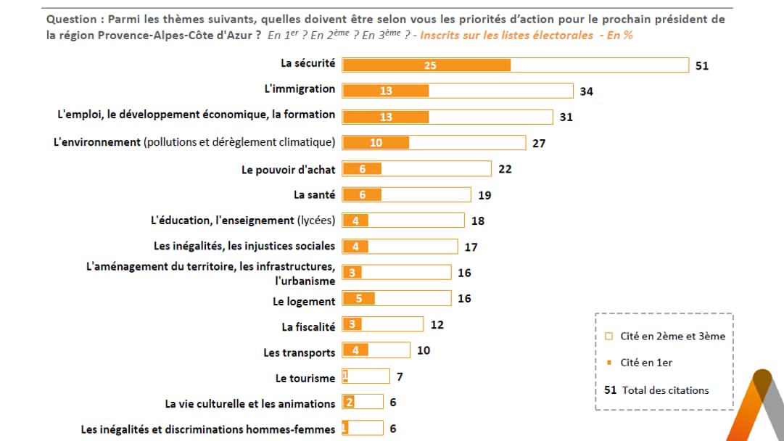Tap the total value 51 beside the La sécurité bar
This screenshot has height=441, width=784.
701,65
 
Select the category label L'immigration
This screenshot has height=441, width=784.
300,88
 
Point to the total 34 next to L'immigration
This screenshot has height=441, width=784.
587,91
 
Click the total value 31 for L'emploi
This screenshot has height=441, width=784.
566,117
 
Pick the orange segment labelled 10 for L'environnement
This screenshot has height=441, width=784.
376,143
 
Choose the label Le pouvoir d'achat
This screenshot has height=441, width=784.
289,170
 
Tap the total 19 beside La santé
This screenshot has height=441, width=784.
484,195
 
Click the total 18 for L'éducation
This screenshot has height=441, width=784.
478,220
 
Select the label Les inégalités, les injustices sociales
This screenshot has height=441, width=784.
244,246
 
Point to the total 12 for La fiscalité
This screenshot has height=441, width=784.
437,325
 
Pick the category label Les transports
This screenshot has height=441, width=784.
300,353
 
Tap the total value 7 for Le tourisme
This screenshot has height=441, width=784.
400,377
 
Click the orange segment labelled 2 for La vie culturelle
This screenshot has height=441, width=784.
349,403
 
